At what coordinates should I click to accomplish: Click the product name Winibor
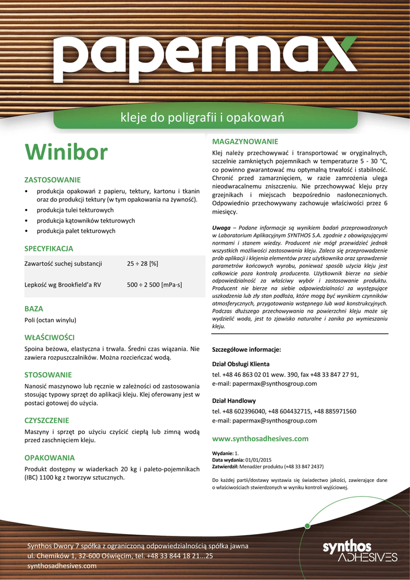[66, 152]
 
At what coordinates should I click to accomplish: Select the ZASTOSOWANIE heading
[52, 180]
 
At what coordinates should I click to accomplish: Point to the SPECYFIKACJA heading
[49, 248]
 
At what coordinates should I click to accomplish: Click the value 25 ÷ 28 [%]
[142, 263]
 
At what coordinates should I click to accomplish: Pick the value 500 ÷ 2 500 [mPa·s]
[154, 284]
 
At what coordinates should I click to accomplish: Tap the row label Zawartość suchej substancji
[63, 263]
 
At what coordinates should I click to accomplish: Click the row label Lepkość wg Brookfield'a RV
[62, 284]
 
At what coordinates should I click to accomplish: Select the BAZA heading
[33, 309]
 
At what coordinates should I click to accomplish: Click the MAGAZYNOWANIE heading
[245, 140]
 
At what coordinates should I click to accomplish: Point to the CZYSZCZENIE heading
[46, 420]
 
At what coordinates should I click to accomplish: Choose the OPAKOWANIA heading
[49, 457]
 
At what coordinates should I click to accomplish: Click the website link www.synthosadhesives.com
[260, 438]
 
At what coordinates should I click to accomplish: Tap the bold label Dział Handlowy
[234, 400]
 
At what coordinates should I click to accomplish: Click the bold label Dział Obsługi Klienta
[241, 364]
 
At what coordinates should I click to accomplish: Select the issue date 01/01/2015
[259, 459]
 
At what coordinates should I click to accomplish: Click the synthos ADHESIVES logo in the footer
[360, 550]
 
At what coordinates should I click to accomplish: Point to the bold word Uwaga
[221, 228]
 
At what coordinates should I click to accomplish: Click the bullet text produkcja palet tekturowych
[76, 231]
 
